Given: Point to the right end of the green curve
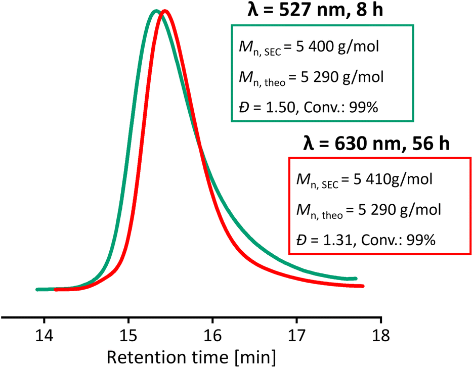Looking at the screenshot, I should [x=356, y=279].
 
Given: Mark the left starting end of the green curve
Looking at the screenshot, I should [x=37, y=290].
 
